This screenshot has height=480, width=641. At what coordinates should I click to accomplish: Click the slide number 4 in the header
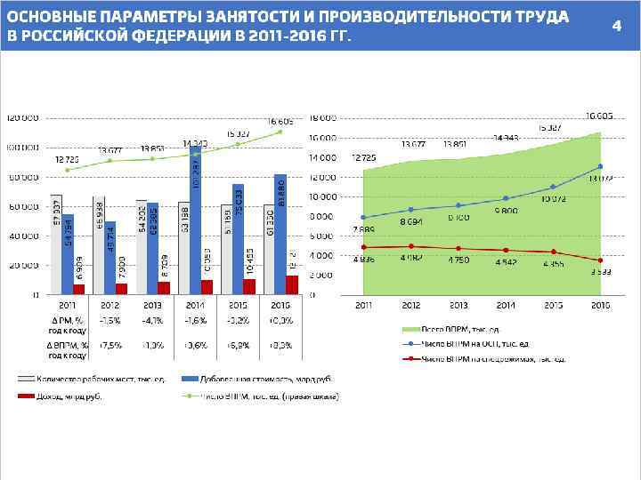pos(615,26)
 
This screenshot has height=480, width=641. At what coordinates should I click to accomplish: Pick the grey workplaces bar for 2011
pos(56,244)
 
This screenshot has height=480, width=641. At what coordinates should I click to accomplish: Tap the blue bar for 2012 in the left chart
pos(110,258)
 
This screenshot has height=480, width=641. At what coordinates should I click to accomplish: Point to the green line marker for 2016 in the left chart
pos(280,132)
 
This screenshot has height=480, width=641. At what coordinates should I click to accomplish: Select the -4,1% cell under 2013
pos(152,320)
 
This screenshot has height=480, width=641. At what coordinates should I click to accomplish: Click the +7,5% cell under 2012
pos(110,343)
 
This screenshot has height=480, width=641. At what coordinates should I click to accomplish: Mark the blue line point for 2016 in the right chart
pos(600,166)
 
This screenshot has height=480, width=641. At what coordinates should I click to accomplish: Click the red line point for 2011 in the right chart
pos(363,247)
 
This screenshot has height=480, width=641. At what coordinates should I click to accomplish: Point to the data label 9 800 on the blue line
pos(505,211)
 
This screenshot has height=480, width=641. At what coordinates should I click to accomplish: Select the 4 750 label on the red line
pos(458,260)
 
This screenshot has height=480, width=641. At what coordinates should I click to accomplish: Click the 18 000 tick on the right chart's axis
pos(323,118)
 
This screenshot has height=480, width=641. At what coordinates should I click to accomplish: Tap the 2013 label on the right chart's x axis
pos(458,305)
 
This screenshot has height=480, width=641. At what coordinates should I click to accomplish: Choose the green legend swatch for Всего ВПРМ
pos(409,328)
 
